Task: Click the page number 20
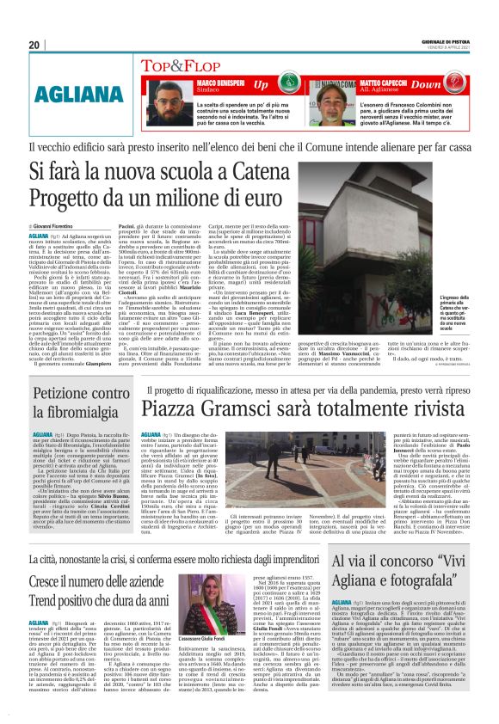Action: pyautogui.click(x=34, y=45)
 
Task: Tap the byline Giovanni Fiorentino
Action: pyautogui.click(x=63, y=225)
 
